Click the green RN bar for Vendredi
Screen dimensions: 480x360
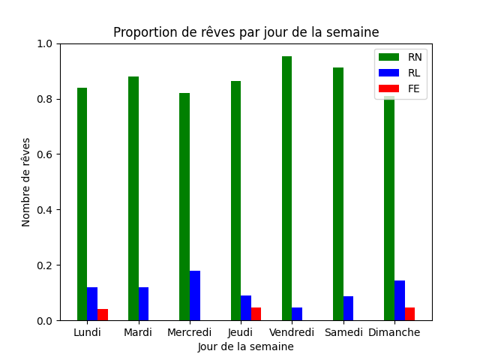pos(286,188)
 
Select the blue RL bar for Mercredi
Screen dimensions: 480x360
pos(195,295)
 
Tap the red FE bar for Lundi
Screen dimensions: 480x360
pos(103,315)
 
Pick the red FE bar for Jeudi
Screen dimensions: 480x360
pos(256,313)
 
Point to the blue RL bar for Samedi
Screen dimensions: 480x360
pos(348,308)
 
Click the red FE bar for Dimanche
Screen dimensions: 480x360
pos(410,313)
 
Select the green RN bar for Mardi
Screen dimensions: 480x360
pos(133,198)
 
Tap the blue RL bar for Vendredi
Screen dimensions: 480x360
pos(297,313)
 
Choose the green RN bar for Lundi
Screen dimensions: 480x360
pos(82,204)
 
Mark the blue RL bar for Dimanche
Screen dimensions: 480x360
pos(400,300)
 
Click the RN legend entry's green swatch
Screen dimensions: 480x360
pos(388,57)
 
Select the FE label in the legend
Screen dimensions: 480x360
pos(413,88)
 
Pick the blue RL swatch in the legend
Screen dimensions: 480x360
pos(388,73)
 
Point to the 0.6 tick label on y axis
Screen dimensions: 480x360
pos(45,154)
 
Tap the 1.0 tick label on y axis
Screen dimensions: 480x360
pos(45,43)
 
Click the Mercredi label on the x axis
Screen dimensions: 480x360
pos(190,332)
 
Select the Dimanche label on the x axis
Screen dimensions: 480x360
pos(394,332)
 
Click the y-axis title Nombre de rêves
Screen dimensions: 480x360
pos(26,182)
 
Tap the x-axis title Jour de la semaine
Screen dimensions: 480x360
pos(246,346)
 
